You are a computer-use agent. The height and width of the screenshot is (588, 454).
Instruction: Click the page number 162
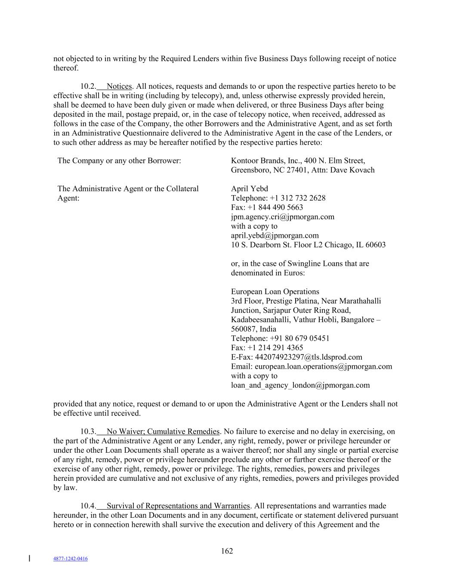(227, 551)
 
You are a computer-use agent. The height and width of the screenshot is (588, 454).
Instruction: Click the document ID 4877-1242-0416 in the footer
(70, 559)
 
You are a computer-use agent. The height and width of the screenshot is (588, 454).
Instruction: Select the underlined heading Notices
(119, 86)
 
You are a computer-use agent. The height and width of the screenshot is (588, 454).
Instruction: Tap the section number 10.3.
(88, 432)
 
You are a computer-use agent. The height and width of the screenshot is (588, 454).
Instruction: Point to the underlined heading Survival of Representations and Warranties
(178, 506)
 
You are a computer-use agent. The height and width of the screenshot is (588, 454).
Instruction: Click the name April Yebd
(250, 189)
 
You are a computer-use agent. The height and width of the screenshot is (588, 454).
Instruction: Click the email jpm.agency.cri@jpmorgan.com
(283, 217)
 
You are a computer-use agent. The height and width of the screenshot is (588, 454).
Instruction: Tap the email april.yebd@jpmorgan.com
(275, 235)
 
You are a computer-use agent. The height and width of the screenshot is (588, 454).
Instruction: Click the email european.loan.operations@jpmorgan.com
(324, 366)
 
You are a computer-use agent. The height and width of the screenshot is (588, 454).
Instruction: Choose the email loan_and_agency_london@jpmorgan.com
(300, 385)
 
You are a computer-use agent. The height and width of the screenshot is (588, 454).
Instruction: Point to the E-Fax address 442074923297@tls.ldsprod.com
(309, 357)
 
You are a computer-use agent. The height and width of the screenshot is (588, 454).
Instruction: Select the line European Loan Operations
(275, 292)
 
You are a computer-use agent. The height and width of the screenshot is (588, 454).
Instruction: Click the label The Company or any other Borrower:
(119, 161)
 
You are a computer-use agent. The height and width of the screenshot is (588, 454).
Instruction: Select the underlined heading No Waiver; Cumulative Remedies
(163, 432)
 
